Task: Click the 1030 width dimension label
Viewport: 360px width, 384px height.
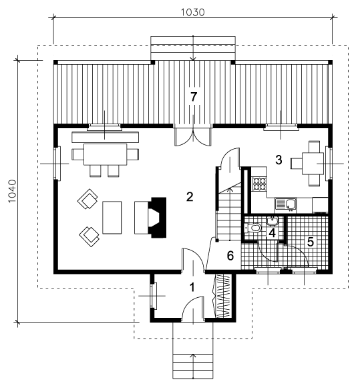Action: (192, 12)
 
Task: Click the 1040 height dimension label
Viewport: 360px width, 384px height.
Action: (12, 191)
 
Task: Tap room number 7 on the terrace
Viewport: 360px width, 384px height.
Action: (194, 97)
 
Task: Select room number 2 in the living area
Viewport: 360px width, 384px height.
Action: (190, 196)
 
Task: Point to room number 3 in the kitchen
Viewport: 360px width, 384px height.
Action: (279, 160)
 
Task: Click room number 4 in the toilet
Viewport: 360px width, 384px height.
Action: (272, 232)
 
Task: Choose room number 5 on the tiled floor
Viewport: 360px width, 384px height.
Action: (311, 242)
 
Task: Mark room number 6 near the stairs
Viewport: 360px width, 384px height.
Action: (230, 256)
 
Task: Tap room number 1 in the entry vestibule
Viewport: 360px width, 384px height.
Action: (192, 287)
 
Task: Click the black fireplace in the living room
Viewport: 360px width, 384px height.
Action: (157, 218)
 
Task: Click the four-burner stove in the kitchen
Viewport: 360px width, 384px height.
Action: (259, 184)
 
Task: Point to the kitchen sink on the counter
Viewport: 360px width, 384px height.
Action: (286, 205)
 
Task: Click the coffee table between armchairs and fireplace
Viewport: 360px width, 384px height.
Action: (112, 218)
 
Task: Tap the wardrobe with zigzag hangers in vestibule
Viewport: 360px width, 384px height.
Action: (223, 296)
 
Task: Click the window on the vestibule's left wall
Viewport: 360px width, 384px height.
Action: (154, 296)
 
